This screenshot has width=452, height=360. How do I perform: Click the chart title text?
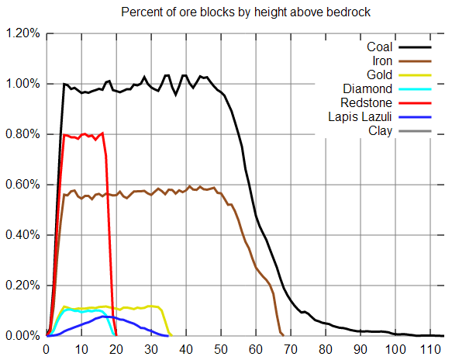tap(246, 12)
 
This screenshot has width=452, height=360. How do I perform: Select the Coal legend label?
tap(379, 47)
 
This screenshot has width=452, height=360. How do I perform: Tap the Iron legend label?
tap(382, 61)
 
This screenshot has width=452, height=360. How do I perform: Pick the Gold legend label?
tap(379, 75)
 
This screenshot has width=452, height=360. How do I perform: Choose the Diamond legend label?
tap(367, 89)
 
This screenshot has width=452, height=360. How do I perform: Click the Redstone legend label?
tap(367, 102)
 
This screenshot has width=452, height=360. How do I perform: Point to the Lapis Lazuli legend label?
tap(360, 117)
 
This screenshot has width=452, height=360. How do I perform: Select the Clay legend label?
tap(380, 131)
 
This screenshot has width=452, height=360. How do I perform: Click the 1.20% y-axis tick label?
tap(22, 33)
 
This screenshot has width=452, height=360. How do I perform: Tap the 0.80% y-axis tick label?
tap(22, 134)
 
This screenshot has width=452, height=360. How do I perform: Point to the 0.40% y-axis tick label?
tap(22, 235)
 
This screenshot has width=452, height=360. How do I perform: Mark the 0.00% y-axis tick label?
tap(22, 336)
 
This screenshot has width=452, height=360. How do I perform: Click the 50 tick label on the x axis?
tap(221, 350)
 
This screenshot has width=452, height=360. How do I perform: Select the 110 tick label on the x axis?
tap(430, 350)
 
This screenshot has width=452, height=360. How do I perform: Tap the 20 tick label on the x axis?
tap(116, 350)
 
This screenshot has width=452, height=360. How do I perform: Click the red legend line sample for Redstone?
tap(415, 103)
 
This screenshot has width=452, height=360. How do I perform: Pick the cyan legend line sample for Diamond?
tap(415, 89)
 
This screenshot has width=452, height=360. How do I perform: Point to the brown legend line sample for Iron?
tap(415, 61)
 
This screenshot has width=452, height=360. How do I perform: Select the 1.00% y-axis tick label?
tap(22, 84)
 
